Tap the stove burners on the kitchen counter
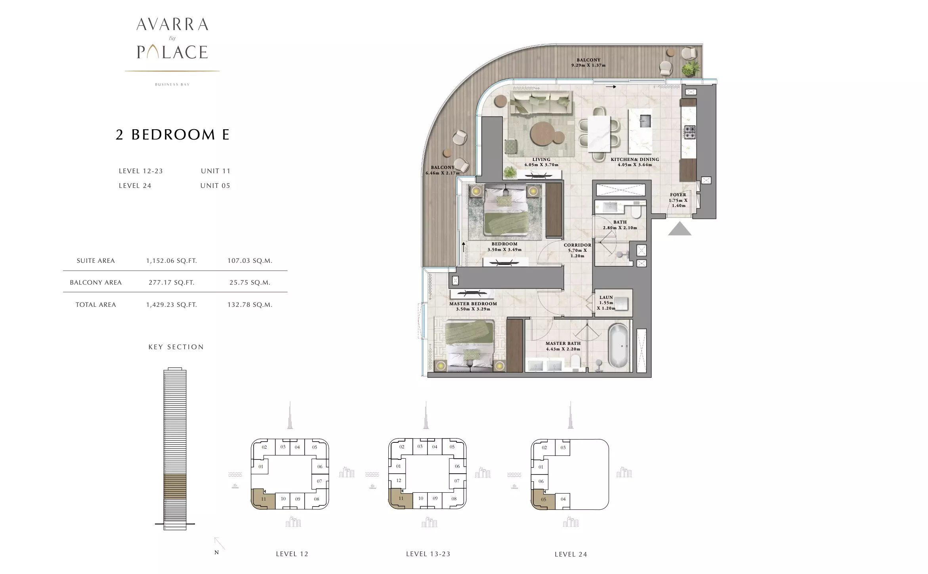(x=690, y=132)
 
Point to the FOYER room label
(x=678, y=195)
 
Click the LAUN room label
(x=606, y=297)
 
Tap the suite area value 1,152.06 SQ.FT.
(x=172, y=261)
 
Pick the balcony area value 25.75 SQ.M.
(x=250, y=283)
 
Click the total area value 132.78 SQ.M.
(x=250, y=305)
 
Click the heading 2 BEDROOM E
(x=172, y=135)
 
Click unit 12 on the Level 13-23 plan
(x=399, y=480)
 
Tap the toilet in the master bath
(x=575, y=361)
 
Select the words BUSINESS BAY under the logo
(x=172, y=84)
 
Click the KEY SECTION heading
(x=176, y=347)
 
